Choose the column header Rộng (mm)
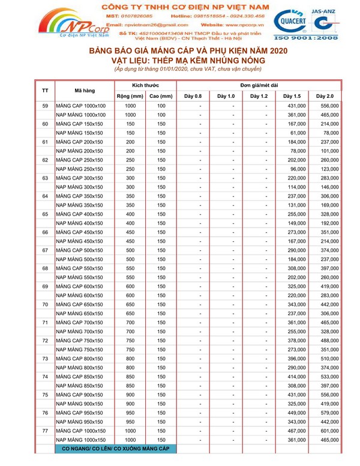click(x=130, y=95)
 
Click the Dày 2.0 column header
click(x=325, y=95)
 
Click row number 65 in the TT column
click(x=45, y=213)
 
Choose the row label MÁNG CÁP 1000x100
click(x=81, y=106)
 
